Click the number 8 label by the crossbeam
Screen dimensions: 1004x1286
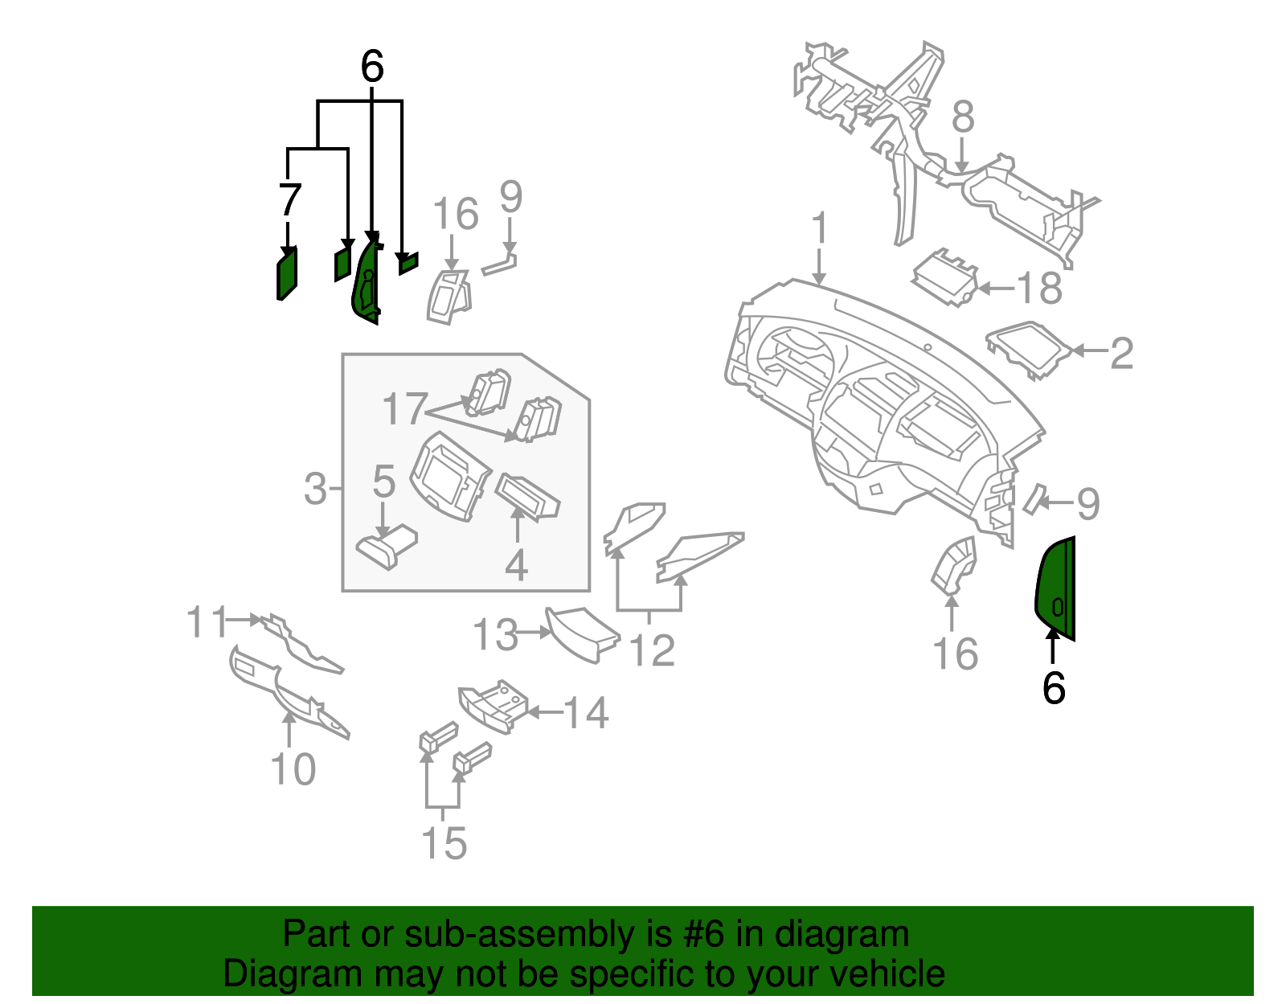tap(963, 117)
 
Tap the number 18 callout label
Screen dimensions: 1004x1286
tap(1039, 288)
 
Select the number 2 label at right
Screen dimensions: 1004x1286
tap(1121, 353)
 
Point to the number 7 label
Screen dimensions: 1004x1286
tap(289, 200)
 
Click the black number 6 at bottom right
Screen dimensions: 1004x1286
tap(1054, 688)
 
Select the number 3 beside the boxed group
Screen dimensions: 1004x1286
tap(316, 488)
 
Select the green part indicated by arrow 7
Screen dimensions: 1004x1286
tap(287, 273)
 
